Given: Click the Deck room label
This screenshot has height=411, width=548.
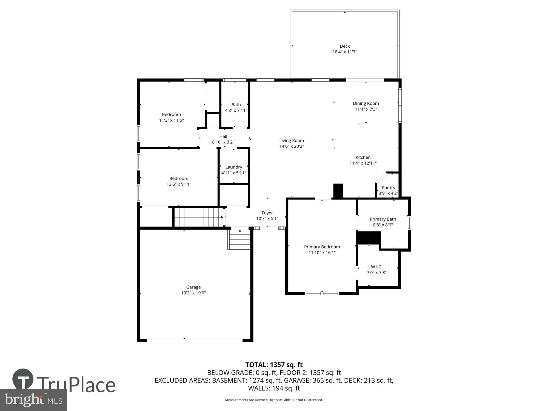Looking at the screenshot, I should (x=345, y=46).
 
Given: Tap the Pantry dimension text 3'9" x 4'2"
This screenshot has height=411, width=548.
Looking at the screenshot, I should (x=388, y=193).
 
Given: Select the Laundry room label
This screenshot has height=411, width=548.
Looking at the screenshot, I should (x=234, y=167).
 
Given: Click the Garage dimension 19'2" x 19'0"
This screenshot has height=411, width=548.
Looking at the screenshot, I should (x=193, y=293).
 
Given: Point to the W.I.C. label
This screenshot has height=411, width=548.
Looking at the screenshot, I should (x=376, y=267).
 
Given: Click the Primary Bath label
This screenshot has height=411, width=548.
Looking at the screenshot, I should (x=383, y=219).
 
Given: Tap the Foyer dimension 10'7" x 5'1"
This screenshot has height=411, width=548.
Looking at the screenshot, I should (x=267, y=219).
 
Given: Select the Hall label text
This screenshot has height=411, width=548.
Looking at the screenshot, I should (x=223, y=136).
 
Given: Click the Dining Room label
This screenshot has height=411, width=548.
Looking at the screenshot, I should (x=366, y=104).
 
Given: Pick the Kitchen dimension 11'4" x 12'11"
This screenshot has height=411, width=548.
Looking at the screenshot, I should (x=363, y=163).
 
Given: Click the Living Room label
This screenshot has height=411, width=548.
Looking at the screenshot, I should (x=292, y=141).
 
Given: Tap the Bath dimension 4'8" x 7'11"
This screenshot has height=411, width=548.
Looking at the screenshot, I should (x=236, y=110).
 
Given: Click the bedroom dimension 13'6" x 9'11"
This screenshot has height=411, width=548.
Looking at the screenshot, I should (x=179, y=184).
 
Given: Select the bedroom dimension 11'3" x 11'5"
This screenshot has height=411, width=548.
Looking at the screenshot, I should (x=171, y=120).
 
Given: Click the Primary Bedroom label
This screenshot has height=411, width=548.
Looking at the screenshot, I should (x=322, y=247).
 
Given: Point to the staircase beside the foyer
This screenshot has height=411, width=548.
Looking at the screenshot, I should (x=199, y=217).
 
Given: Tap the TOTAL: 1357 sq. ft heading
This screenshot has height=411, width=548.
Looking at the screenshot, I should (x=274, y=365).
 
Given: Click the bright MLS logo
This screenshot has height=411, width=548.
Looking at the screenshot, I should (x=33, y=400).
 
